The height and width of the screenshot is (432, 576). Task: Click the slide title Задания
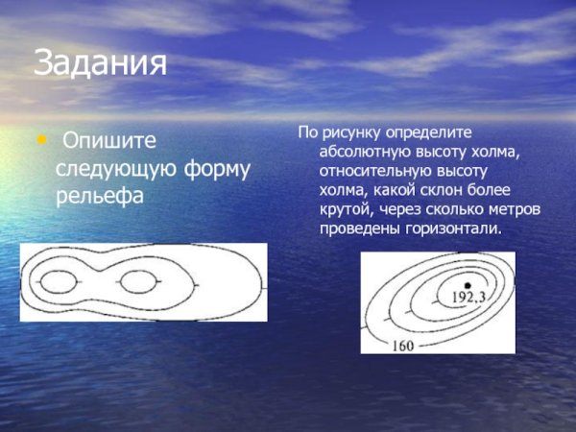click(100, 64)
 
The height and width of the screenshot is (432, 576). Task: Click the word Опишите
click(108, 141)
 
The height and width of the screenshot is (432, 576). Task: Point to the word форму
click(217, 169)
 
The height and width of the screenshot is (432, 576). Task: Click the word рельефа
click(99, 197)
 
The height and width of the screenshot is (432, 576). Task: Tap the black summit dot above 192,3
click(468, 285)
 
